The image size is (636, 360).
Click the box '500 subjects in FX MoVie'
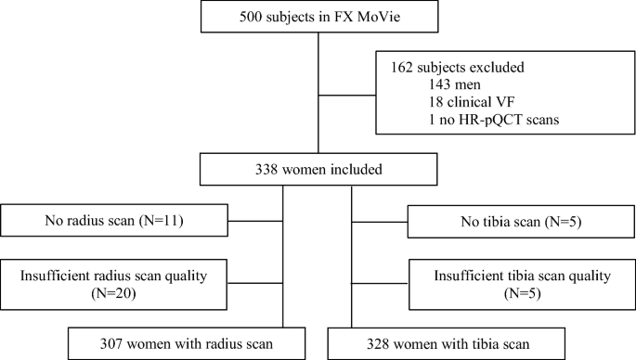click(318, 21)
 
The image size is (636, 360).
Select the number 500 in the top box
click(256, 21)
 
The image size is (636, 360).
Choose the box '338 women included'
click(318, 169)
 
